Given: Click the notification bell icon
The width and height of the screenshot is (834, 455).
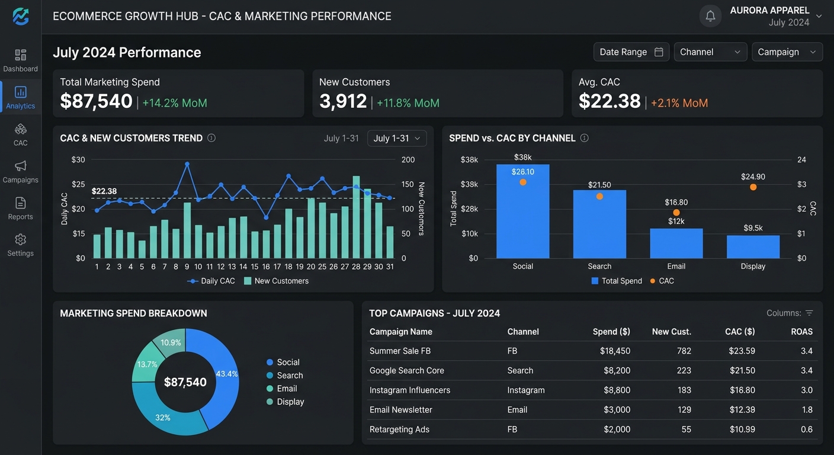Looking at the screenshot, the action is click(710, 16).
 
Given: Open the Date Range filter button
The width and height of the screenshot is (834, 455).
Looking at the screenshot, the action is click(631, 52).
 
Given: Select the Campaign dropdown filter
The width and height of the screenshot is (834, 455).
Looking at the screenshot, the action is click(787, 52).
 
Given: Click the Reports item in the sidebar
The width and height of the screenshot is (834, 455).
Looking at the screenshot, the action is click(21, 209).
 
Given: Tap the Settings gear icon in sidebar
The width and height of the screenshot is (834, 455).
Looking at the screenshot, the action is click(21, 239).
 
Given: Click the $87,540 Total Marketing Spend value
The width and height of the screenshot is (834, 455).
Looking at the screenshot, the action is click(96, 101).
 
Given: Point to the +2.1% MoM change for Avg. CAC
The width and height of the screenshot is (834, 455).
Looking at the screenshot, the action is click(679, 102).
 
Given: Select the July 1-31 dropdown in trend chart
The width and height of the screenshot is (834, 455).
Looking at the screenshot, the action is click(397, 138).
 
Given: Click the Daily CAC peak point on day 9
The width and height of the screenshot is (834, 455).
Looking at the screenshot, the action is click(187, 164).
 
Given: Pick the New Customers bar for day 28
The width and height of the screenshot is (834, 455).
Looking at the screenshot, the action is click(356, 217).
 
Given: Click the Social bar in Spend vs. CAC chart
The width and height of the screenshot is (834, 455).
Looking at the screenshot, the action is click(523, 211).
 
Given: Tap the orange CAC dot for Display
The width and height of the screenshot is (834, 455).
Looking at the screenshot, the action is click(753, 187).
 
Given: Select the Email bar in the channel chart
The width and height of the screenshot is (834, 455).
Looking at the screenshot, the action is click(676, 243).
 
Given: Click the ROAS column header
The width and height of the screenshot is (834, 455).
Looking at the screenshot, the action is click(801, 331).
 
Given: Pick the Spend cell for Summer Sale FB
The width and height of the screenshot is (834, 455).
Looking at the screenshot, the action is click(615, 351).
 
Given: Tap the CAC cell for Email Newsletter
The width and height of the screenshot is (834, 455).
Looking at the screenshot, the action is click(742, 409).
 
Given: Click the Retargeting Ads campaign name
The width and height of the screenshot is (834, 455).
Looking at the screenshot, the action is click(399, 430).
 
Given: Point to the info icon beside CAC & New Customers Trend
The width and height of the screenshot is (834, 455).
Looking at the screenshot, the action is click(211, 138).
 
